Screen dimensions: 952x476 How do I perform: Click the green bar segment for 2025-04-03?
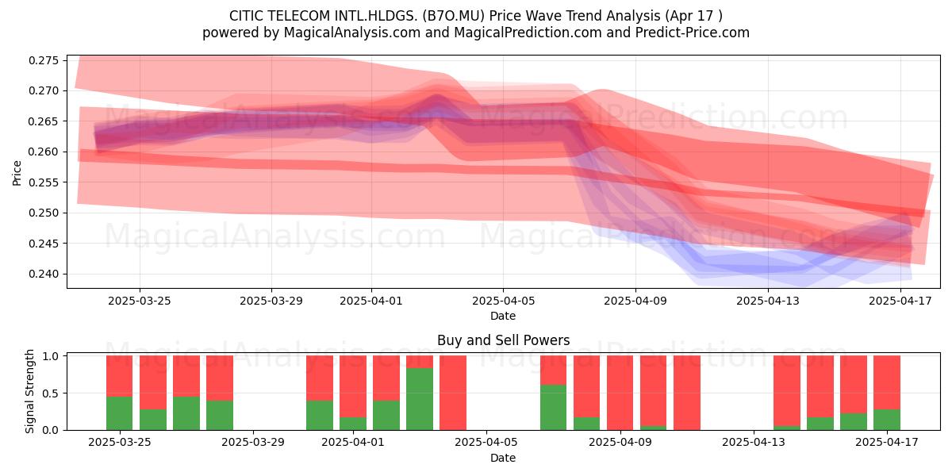(x=420, y=399)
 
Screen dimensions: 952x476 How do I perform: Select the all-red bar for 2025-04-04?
(x=453, y=393)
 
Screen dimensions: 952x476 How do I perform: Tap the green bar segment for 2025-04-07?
(x=554, y=407)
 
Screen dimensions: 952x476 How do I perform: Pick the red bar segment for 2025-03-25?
(x=120, y=376)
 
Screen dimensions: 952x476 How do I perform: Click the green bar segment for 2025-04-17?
(x=887, y=420)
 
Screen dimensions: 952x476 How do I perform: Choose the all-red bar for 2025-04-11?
(x=687, y=393)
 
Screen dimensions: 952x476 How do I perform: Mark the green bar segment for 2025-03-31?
(x=320, y=415)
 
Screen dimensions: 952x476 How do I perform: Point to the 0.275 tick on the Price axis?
(x=65, y=60)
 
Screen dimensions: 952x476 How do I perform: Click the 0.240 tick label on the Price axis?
(x=44, y=274)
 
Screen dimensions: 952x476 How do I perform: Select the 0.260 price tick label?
(x=44, y=152)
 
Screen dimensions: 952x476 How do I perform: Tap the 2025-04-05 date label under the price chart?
(x=503, y=301)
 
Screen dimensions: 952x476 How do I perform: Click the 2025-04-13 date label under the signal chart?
(x=754, y=443)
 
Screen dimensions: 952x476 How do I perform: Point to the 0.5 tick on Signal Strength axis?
(x=65, y=393)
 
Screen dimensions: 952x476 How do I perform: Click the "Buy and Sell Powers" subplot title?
(x=503, y=340)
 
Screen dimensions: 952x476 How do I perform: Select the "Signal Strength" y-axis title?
(x=29, y=391)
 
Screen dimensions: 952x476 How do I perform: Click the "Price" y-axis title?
(x=17, y=173)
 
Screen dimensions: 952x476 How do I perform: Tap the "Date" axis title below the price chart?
(x=503, y=316)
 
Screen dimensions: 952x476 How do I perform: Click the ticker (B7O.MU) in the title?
(x=454, y=16)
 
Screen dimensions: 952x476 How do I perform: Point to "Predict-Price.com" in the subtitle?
(x=693, y=33)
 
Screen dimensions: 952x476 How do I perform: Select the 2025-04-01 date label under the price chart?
(x=371, y=301)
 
